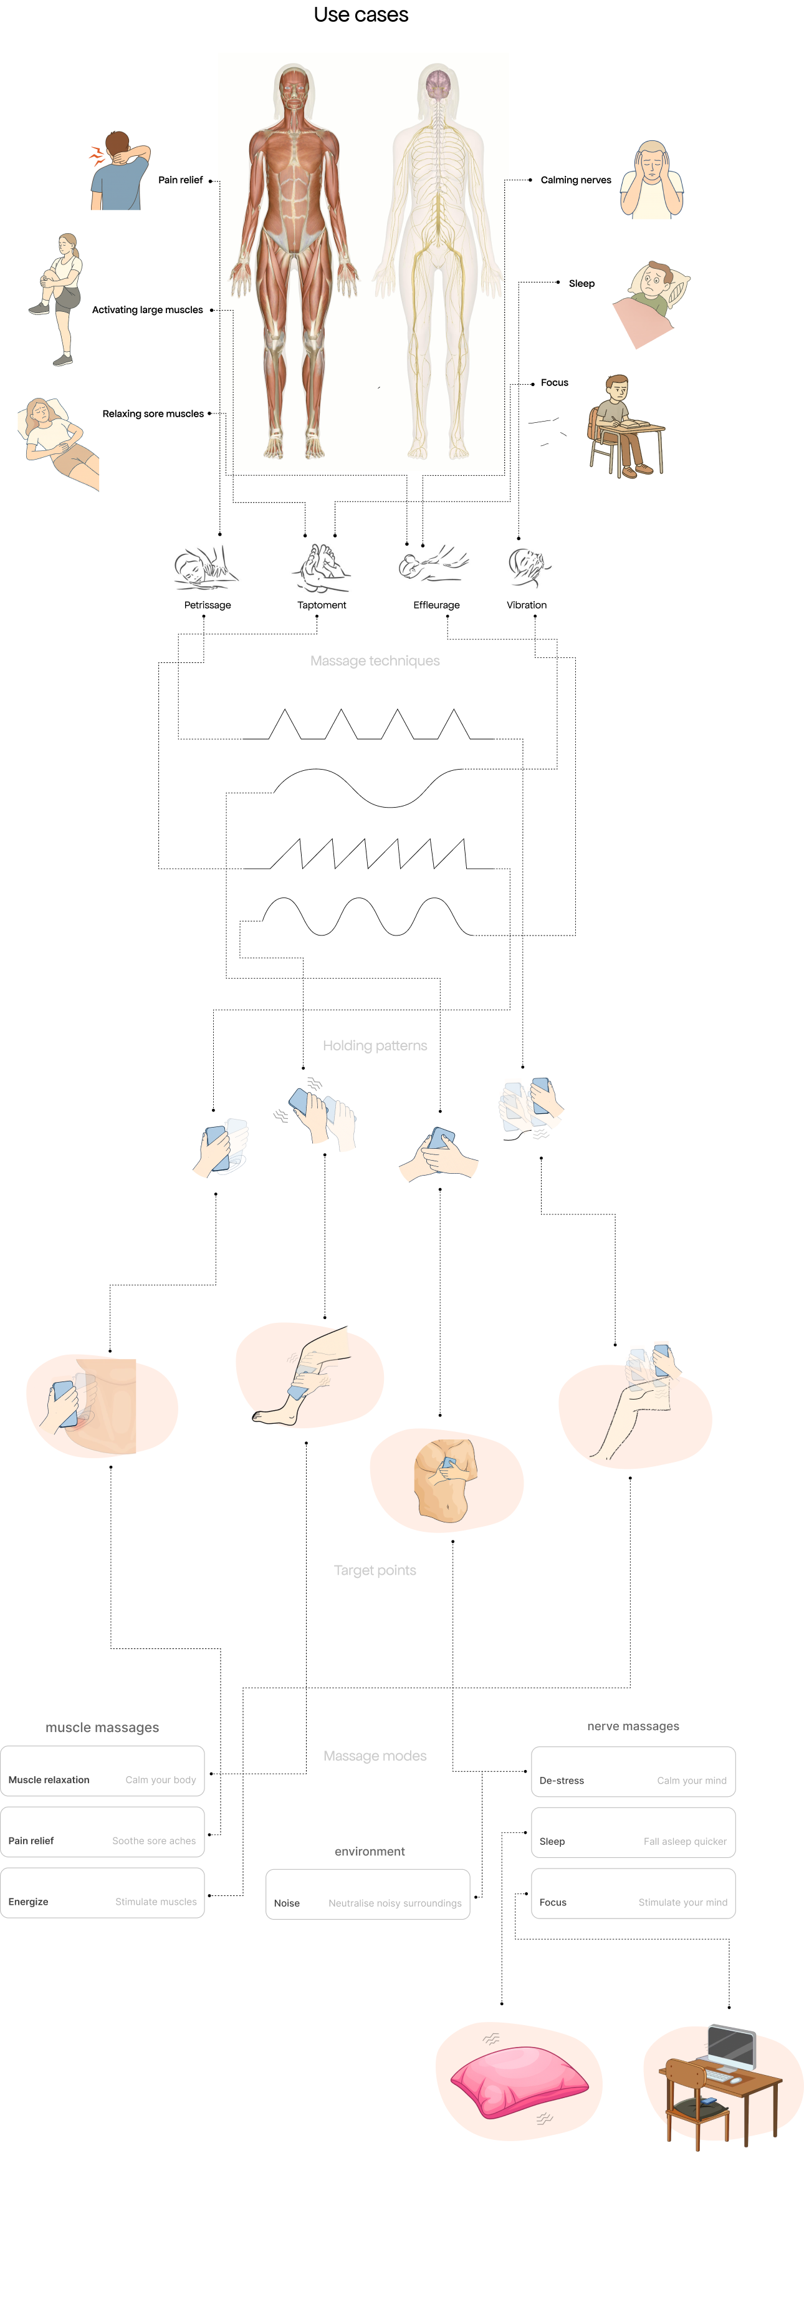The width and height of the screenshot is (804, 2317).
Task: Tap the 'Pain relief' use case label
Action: click(180, 180)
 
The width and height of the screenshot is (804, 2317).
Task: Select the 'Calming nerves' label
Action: click(575, 180)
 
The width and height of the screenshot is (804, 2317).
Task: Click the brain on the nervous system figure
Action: click(438, 84)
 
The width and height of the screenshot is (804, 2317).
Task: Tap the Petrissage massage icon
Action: click(206, 568)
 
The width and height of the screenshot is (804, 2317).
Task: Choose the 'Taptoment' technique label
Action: click(321, 606)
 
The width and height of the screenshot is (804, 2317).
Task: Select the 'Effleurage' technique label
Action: click(436, 606)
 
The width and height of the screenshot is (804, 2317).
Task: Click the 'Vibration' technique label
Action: click(526, 606)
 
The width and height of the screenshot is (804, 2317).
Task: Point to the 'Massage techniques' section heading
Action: click(375, 661)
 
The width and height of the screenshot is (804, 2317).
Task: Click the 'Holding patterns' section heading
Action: click(375, 1046)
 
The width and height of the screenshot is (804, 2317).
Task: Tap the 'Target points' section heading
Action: click(375, 1570)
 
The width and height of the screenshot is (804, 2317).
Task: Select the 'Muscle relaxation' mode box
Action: click(102, 1771)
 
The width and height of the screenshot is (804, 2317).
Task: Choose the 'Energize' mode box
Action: click(102, 1894)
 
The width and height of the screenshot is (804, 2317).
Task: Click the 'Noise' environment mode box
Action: click(368, 1895)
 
